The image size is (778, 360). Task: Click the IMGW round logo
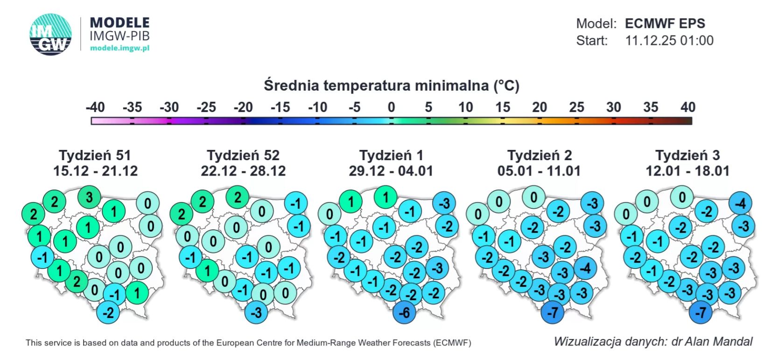coord(50,35)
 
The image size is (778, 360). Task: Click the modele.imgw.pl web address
coord(119,48)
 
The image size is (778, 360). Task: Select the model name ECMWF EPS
coord(665,23)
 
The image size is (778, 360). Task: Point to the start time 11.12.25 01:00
coord(669,41)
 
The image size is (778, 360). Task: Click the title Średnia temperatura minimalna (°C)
coord(391,85)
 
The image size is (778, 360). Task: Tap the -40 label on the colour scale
coord(95,107)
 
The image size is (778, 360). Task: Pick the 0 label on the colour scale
coord(391,107)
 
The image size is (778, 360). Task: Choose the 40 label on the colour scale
coord(687,107)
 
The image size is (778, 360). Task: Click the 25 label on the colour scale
coord(576,107)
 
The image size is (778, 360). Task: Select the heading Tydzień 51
coord(95,155)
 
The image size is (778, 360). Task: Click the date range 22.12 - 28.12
coord(243,171)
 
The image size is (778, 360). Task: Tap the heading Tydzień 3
coord(687,155)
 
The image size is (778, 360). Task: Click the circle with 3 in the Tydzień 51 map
coord(89,197)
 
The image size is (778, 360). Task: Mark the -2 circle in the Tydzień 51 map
coord(108,311)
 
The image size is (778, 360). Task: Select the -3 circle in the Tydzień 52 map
coord(256,311)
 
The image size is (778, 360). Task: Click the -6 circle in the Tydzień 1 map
coord(404,312)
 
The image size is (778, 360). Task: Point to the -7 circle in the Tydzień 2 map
coord(553,312)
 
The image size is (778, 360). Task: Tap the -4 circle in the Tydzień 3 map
coord(740,203)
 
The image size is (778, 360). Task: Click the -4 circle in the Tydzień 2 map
coord(585,268)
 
